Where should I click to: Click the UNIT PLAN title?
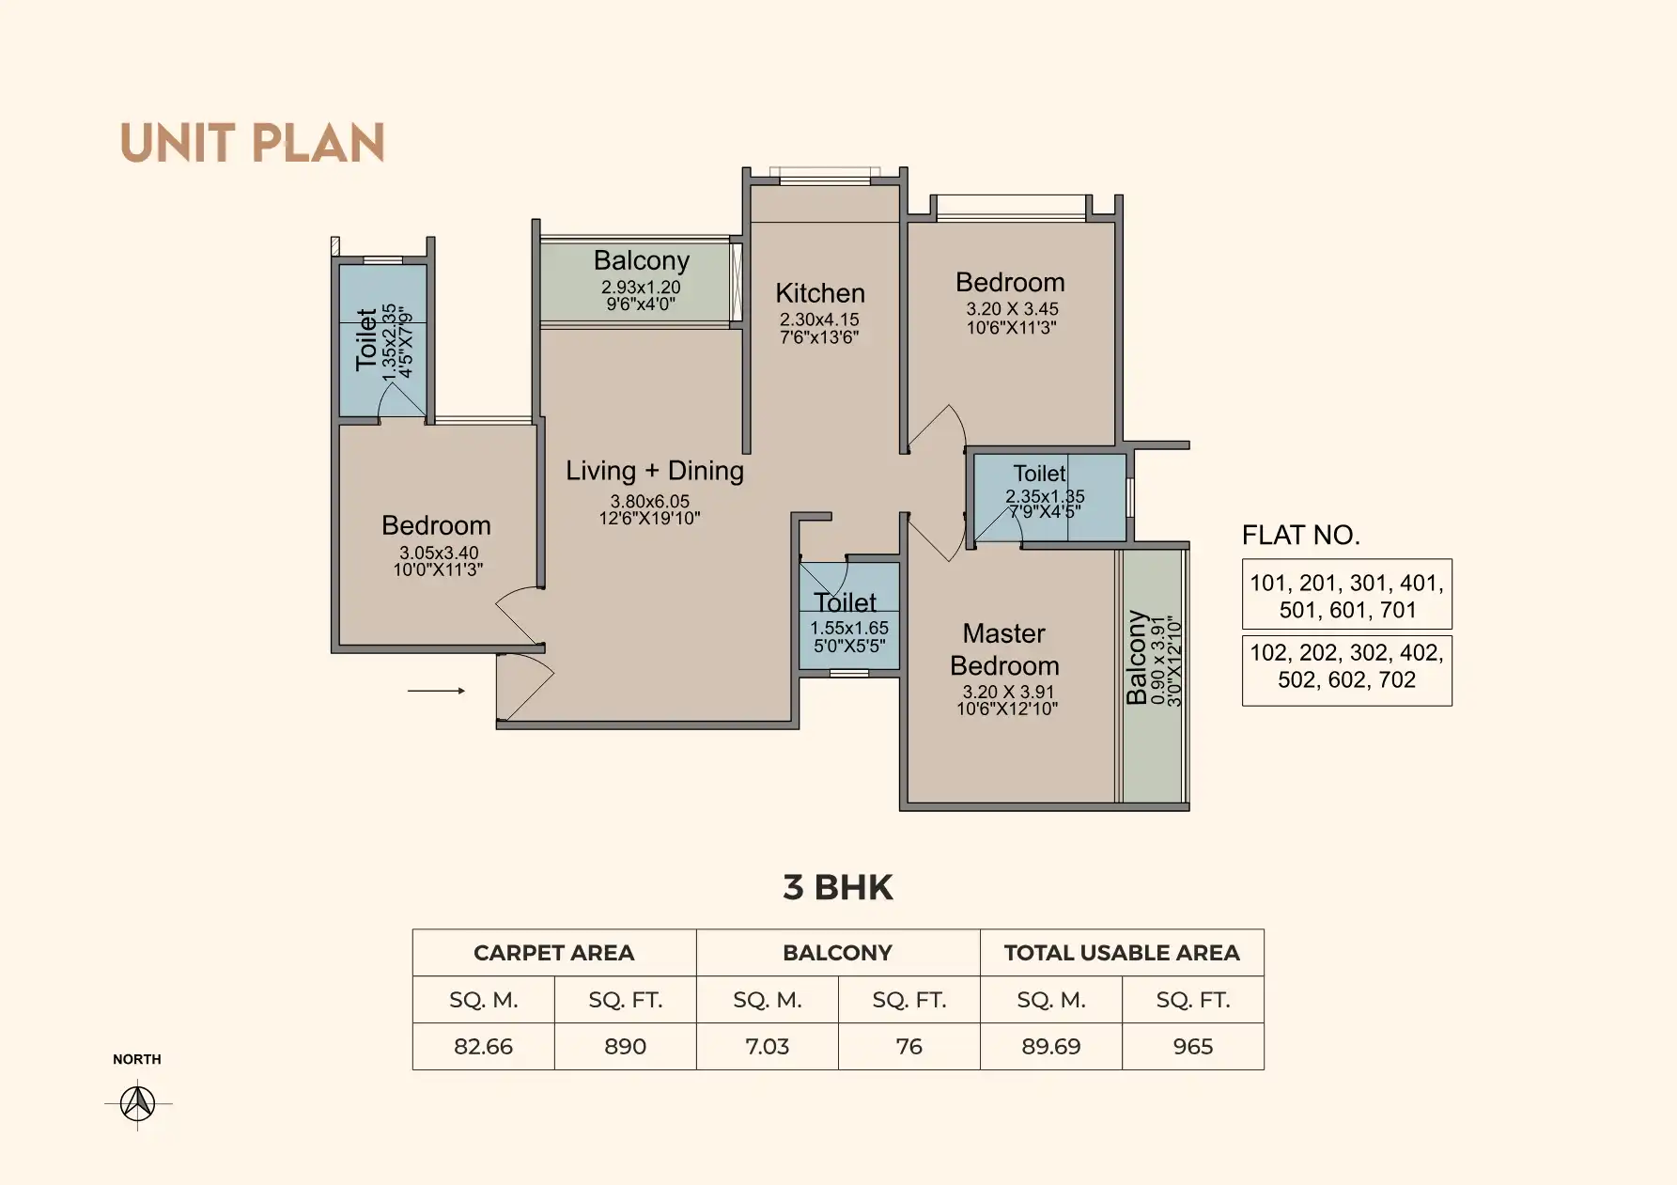[253, 144]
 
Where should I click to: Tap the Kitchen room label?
[820, 293]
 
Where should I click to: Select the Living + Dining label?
[655, 471]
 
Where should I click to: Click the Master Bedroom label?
[1004, 649]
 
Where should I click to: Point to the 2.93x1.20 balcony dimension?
[642, 288]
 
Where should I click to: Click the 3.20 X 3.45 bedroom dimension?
[1013, 309]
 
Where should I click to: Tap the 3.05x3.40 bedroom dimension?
[439, 554]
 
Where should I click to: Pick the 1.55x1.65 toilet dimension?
[849, 629]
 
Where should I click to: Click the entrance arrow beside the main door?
[436, 692]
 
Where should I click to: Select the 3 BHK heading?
[838, 888]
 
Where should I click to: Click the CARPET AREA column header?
[554, 953]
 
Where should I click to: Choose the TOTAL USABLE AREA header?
[1122, 953]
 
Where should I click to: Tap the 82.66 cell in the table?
[483, 1047]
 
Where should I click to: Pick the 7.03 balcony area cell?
[767, 1047]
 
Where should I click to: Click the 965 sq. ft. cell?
[1193, 1047]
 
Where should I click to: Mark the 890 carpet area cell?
[625, 1047]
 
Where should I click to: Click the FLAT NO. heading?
[1301, 536]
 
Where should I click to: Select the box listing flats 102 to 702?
[1347, 671]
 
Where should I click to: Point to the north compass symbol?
[138, 1102]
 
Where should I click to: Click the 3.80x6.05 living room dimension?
[650, 502]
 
